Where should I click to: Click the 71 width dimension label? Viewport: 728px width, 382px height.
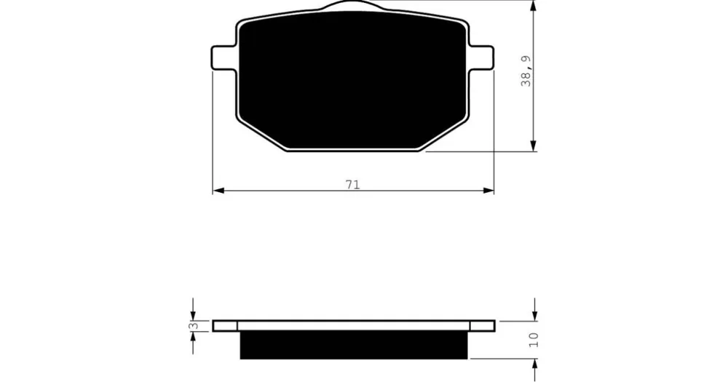353,184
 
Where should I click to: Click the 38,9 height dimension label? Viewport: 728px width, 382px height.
527,71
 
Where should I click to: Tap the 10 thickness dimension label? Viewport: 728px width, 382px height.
533,340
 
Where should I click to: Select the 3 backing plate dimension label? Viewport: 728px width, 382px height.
195,326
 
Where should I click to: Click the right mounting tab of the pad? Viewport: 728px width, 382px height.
481,58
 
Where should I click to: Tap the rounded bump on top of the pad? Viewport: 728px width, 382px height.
352,5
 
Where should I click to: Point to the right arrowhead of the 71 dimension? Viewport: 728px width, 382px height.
488,191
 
